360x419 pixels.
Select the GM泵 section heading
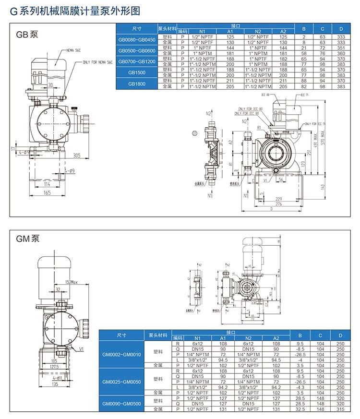pos(28,239)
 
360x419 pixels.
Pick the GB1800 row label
pos(137,84)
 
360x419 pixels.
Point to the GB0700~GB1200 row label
pos(137,62)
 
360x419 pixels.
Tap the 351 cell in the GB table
pos(341,48)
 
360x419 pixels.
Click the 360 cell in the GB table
pos(341,53)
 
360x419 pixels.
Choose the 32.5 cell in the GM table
pos(300,409)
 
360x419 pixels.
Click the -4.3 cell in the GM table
pos(300,387)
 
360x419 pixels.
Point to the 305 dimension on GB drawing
pos(77,155)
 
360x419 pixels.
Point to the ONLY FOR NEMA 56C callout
pos(98,62)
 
